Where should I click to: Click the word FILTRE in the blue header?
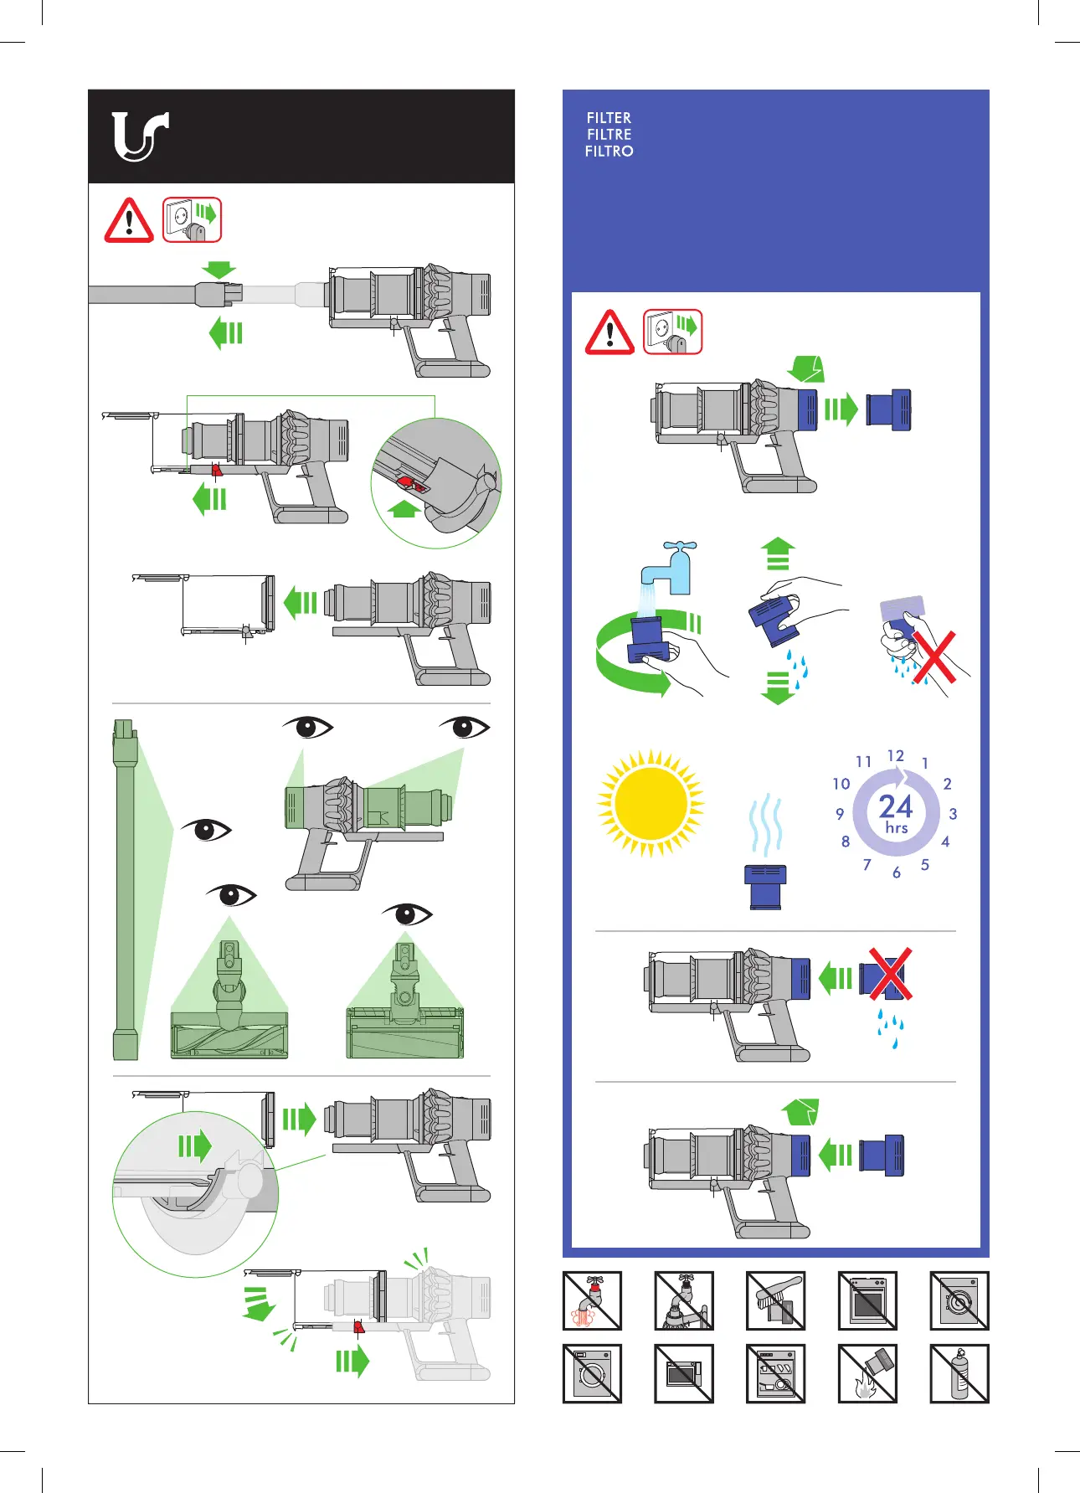(x=609, y=135)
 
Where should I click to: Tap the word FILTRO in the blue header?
(x=609, y=152)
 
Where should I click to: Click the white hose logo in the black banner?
(x=139, y=136)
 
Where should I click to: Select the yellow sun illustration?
(x=651, y=803)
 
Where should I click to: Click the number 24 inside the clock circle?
(x=896, y=806)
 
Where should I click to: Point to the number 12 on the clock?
(x=896, y=755)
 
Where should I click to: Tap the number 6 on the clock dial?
(x=897, y=873)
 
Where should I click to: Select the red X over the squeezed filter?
(x=933, y=657)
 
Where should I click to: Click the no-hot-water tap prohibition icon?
(x=592, y=1300)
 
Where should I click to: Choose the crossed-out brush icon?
(x=775, y=1300)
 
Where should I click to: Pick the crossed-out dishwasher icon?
(x=775, y=1373)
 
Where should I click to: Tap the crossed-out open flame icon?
(x=867, y=1373)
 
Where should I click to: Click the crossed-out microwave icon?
(x=684, y=1373)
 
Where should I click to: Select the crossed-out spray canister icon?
(x=959, y=1373)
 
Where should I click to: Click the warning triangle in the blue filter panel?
(x=610, y=332)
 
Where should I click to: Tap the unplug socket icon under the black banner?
(x=192, y=220)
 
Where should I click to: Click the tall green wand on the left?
(x=125, y=889)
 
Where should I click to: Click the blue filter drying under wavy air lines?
(x=765, y=887)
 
